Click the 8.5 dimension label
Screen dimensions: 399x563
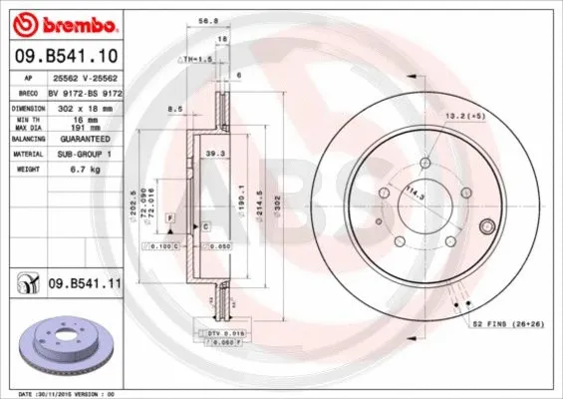(175, 108)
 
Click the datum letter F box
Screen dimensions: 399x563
(171, 217)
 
